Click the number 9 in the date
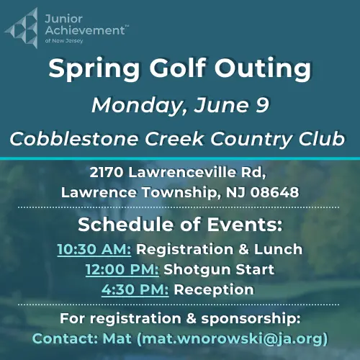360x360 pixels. coord(261,105)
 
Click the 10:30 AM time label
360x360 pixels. coord(94,250)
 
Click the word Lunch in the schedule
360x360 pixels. coord(282,250)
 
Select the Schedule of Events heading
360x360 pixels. coord(179,225)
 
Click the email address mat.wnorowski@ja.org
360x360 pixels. coord(233,338)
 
